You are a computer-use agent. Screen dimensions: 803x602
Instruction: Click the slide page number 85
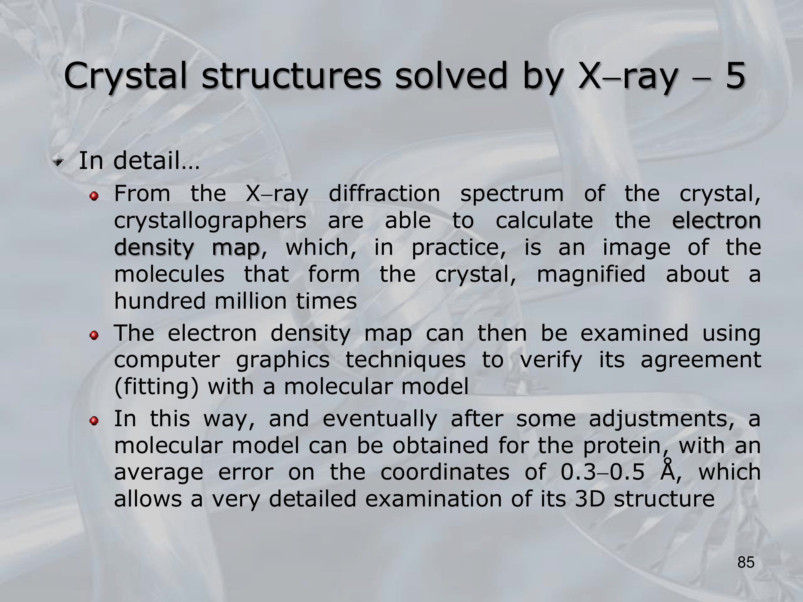(x=746, y=563)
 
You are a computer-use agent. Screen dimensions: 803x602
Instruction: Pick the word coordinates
(x=445, y=472)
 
